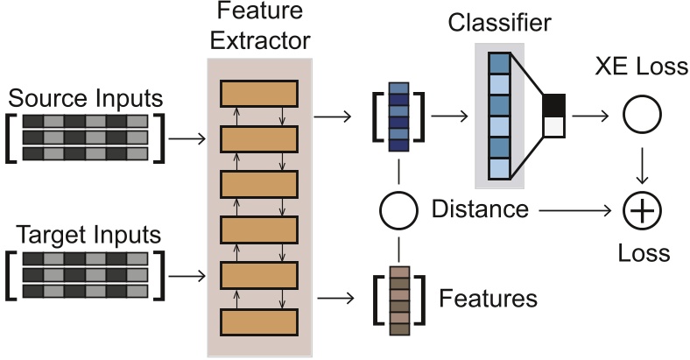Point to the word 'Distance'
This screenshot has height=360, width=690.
pos(481,209)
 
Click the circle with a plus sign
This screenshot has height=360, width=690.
pos(643,211)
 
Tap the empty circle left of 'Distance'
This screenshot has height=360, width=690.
pos(399,210)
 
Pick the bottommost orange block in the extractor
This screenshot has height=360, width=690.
pos(259,321)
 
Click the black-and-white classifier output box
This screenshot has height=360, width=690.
pos(553,116)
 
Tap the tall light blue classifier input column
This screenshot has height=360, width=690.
pos(498,115)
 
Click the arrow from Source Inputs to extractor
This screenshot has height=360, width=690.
pos(187,138)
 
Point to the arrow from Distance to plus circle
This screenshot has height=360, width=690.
pos(574,210)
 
